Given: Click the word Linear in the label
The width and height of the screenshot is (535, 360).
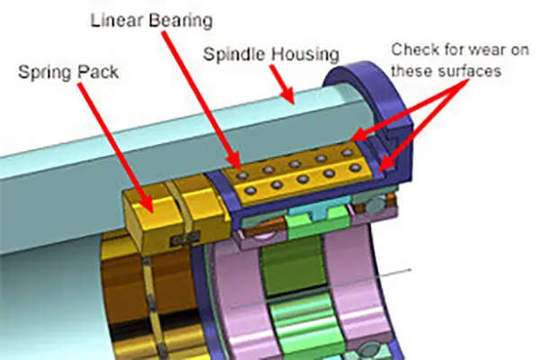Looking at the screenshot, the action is click(x=117, y=21).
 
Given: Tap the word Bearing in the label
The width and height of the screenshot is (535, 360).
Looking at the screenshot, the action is click(x=181, y=22).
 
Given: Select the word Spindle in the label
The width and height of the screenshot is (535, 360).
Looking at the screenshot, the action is click(x=234, y=55).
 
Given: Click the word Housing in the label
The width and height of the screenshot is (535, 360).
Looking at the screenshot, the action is click(x=304, y=55).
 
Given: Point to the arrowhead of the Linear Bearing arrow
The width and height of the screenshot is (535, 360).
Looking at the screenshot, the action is click(x=234, y=161).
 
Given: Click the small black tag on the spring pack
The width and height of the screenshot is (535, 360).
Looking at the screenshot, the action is click(x=185, y=238).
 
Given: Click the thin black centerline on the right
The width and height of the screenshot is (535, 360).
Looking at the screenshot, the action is click(x=321, y=289).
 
